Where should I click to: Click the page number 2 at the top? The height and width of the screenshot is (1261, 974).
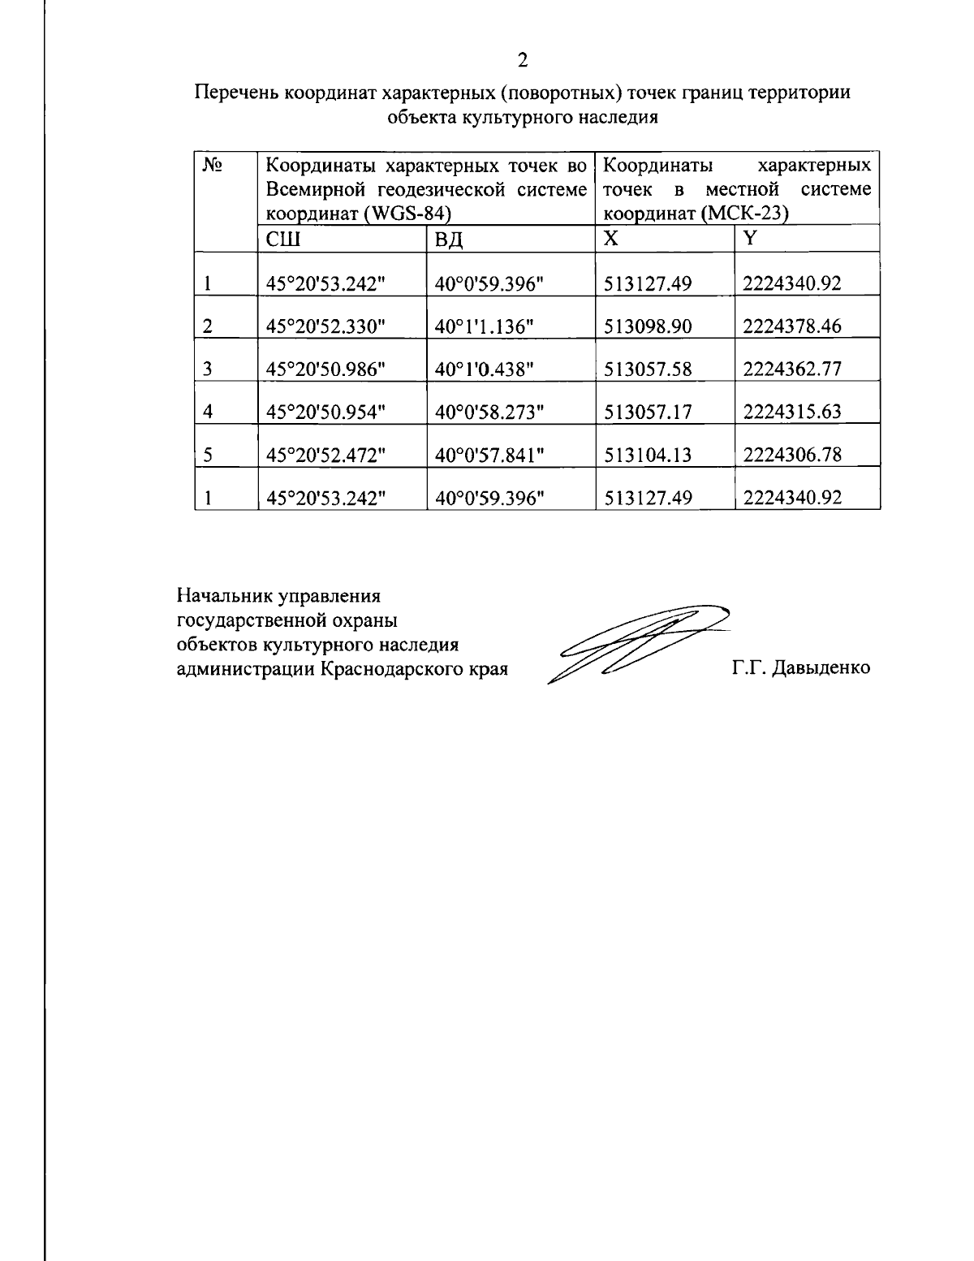coord(523,60)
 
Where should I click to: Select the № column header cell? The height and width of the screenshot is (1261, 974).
coord(213,166)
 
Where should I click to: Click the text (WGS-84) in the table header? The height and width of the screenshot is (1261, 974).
coord(407,214)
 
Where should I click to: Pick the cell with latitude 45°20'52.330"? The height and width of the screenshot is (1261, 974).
coord(325,326)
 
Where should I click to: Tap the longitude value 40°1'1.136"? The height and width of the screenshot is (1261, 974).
coord(484,326)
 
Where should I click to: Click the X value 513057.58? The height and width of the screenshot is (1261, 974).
coord(648,369)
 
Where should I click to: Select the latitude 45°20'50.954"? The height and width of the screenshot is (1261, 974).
coord(325,412)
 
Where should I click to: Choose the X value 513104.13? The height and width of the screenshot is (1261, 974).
coord(648,455)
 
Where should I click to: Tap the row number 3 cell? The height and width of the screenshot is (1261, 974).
coord(208,369)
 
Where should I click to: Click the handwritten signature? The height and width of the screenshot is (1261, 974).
coord(633,641)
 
